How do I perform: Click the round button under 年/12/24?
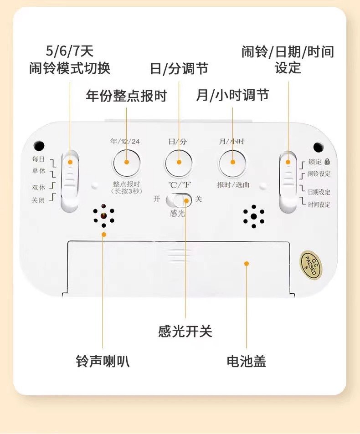(126, 162)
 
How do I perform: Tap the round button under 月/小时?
(232, 162)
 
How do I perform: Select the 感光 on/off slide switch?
(179, 199)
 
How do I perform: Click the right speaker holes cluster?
(253, 217)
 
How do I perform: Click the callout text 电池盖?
(246, 361)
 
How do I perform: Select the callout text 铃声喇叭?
(103, 361)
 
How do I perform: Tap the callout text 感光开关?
(185, 331)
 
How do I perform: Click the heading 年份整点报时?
(126, 96)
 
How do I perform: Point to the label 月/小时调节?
(232, 95)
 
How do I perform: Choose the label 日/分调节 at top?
(179, 69)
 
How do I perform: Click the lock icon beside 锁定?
(327, 161)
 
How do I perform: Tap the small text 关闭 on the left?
(38, 200)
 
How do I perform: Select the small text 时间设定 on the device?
(319, 204)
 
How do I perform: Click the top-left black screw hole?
(39, 146)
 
